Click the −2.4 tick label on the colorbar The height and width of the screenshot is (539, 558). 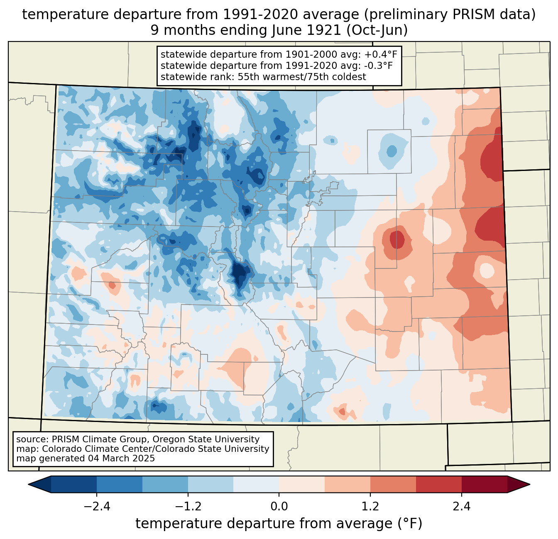97,507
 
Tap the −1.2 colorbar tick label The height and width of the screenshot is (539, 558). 188,507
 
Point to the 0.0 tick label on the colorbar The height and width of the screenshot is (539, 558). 279,507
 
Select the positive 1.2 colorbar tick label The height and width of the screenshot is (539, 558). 370,507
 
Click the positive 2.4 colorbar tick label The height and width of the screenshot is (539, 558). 461,507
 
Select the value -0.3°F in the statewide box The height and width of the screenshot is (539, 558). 377,66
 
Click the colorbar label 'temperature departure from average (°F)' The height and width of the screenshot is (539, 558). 279,524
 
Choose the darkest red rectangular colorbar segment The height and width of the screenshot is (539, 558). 484,484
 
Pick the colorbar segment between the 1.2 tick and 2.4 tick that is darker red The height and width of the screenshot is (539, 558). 438,484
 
